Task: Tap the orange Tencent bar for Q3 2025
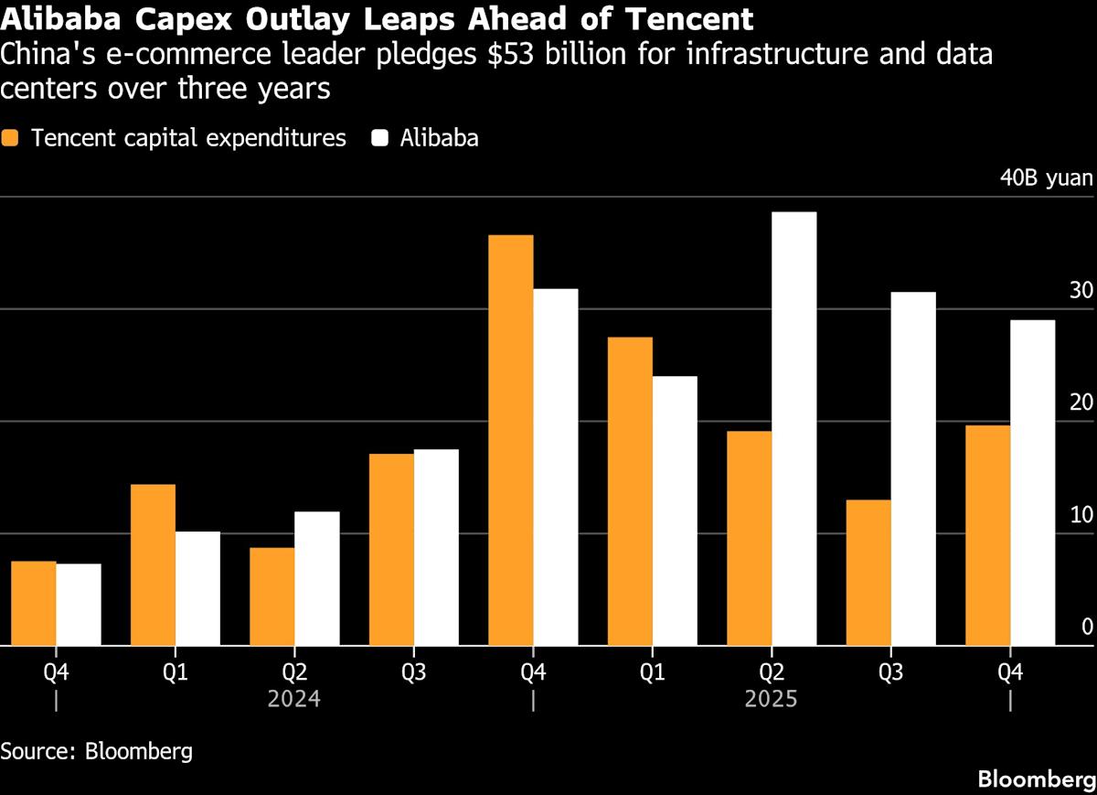click(x=868, y=573)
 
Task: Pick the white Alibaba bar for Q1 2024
click(x=197, y=588)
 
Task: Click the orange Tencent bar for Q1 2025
click(x=630, y=491)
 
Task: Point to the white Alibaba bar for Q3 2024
click(x=436, y=547)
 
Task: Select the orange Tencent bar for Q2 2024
click(x=272, y=596)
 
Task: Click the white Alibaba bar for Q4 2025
click(x=1032, y=482)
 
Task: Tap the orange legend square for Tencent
click(x=10, y=138)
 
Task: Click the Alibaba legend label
click(x=439, y=138)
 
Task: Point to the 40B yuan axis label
click(x=1046, y=177)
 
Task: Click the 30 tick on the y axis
click(x=1081, y=291)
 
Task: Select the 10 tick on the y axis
click(x=1081, y=515)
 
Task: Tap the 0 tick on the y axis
click(x=1087, y=627)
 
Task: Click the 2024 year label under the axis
click(x=293, y=700)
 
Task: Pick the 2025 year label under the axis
click(x=771, y=700)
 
